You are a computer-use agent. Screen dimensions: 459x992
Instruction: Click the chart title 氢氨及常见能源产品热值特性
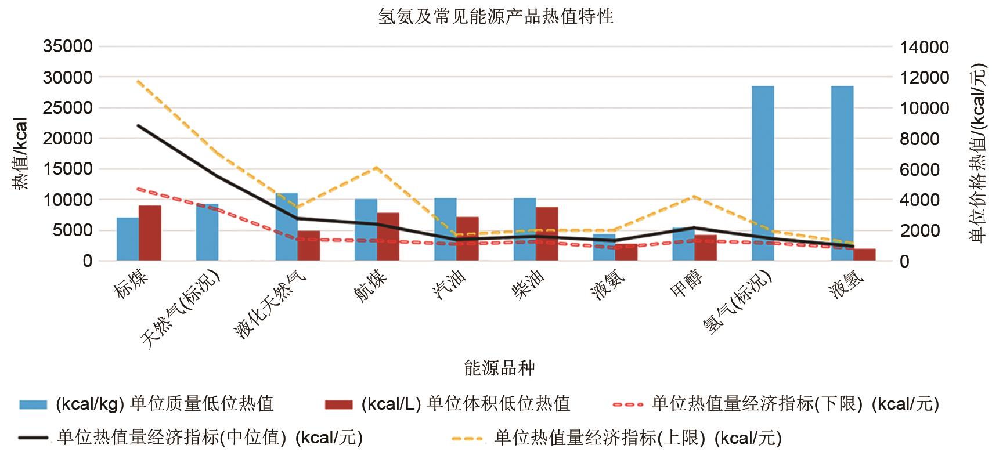coord(496,16)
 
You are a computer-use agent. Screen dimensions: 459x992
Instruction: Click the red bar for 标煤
coord(150,233)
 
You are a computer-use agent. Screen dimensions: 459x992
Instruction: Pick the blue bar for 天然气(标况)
coord(207,232)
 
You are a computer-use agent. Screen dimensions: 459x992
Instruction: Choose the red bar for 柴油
coord(547,234)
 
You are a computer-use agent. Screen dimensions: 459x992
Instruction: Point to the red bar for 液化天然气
coord(309,245)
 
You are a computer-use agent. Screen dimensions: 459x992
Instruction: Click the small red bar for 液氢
coord(864,255)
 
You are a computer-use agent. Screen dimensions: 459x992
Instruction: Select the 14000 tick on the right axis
coord(924,47)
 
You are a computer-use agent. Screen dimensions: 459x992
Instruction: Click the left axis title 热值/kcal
coord(20,154)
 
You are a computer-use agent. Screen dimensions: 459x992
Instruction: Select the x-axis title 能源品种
coord(499,367)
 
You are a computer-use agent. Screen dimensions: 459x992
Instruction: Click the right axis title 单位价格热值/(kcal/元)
coord(978,154)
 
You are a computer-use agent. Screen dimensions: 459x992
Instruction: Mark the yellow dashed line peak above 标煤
coord(138,81)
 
